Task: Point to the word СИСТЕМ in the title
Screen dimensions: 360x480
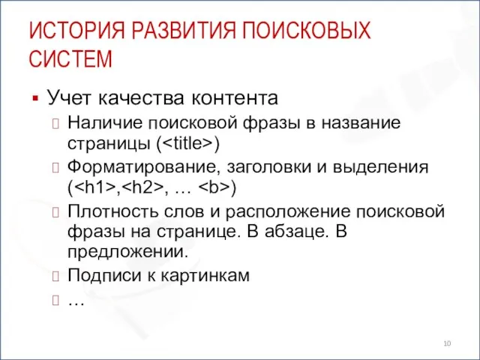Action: (70, 58)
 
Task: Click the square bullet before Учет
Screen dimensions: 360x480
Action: (34, 98)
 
